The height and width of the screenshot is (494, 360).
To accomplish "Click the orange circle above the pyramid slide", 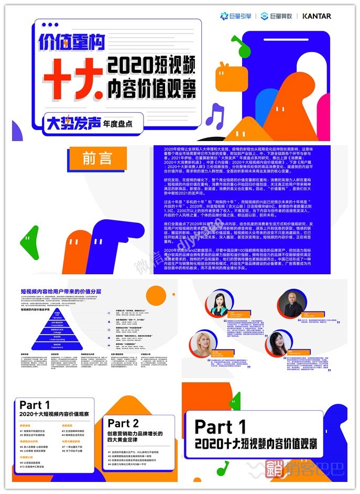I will [x=155, y=295].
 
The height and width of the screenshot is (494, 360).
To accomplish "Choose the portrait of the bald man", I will [x=291, y=305].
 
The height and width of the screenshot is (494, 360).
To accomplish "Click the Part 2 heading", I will [x=123, y=423].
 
